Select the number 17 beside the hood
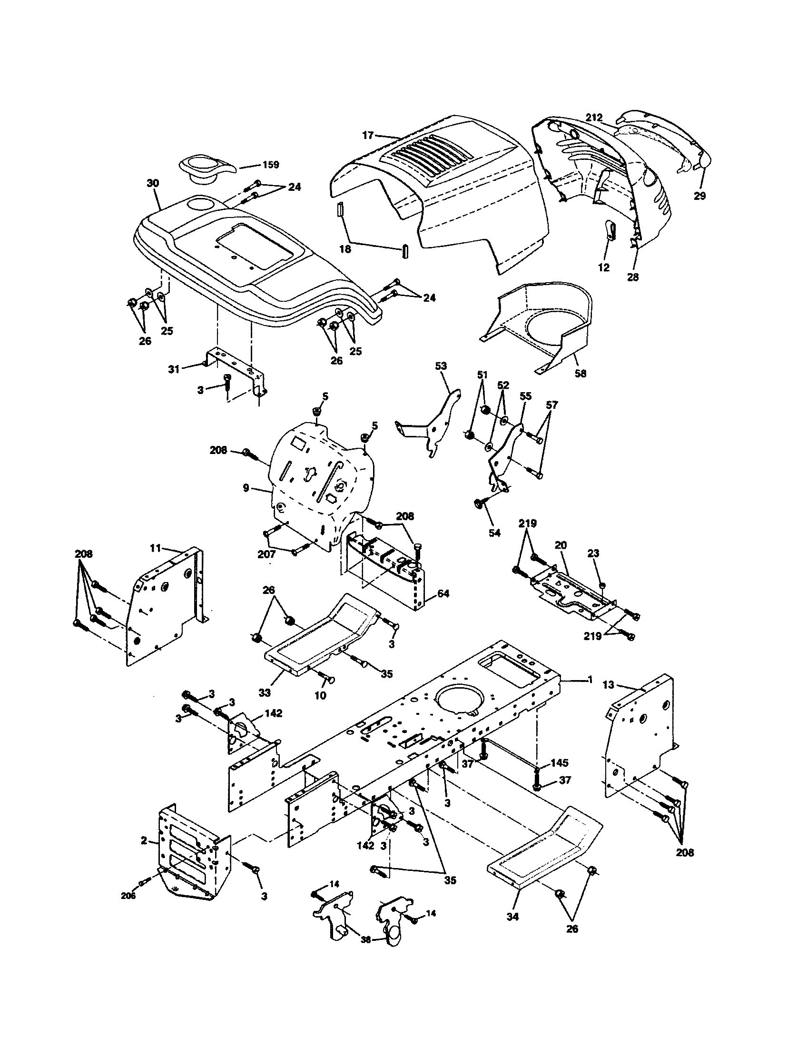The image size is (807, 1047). click(367, 136)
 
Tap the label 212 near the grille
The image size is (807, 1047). click(593, 118)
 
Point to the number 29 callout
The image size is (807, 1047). click(699, 196)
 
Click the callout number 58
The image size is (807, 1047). click(581, 374)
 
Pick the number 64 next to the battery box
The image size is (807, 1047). click(443, 593)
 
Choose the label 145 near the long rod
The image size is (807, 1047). click(559, 763)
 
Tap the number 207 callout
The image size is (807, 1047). click(266, 553)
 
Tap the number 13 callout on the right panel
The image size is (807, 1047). click(608, 685)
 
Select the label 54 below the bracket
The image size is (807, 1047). click(494, 533)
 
